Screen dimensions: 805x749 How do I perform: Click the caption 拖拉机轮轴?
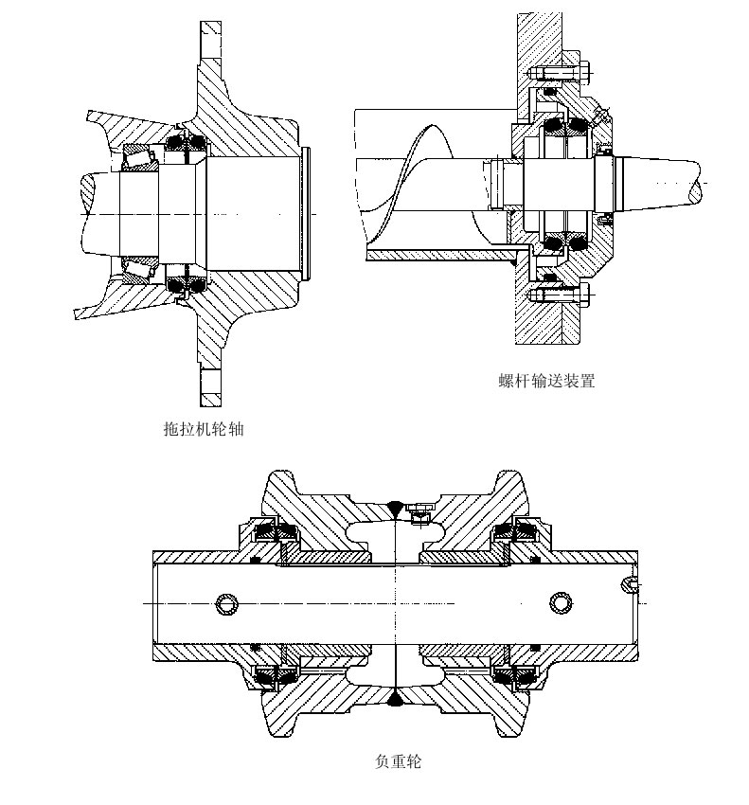click(204, 429)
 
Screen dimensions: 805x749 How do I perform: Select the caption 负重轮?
click(398, 760)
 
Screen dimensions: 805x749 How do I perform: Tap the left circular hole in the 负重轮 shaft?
click(225, 603)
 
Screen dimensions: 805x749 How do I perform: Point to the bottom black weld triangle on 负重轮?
click(394, 700)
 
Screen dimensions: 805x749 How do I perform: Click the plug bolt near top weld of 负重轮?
click(418, 513)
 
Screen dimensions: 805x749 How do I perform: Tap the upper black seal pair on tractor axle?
click(186, 143)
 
